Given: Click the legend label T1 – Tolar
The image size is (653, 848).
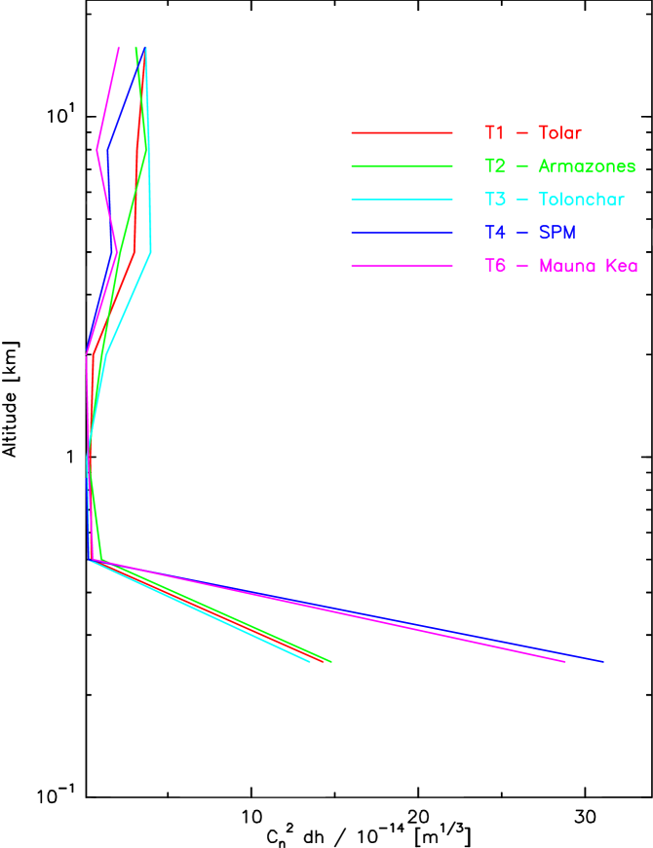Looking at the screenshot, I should pyautogui.click(x=532, y=132).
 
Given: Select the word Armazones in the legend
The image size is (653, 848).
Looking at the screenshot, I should pyautogui.click(x=586, y=166).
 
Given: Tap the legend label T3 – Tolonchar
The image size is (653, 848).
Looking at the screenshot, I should pyautogui.click(x=554, y=200).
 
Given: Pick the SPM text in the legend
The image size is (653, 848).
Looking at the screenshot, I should pyautogui.click(x=557, y=233).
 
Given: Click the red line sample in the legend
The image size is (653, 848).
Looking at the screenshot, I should pyautogui.click(x=402, y=132).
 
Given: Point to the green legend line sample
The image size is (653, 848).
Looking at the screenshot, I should pyautogui.click(x=402, y=166).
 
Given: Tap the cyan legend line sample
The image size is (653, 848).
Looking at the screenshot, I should pyautogui.click(x=402, y=200).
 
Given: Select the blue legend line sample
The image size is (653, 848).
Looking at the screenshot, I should pyautogui.click(x=402, y=233).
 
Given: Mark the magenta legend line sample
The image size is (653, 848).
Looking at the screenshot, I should pyautogui.click(x=402, y=266).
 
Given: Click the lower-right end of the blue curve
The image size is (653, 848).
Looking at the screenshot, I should pyautogui.click(x=602, y=662).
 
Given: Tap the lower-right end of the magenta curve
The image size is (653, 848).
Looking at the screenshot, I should pyautogui.click(x=565, y=662).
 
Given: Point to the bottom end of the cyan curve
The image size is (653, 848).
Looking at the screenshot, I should pyautogui.click(x=310, y=662).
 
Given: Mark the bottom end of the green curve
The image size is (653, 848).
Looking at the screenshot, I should pyautogui.click(x=331, y=662).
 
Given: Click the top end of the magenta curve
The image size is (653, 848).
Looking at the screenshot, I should pyautogui.click(x=119, y=48).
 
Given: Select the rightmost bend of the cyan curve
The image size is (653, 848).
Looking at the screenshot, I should pyautogui.click(x=151, y=252).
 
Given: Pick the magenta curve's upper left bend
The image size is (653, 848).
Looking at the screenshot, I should pyautogui.click(x=97, y=150).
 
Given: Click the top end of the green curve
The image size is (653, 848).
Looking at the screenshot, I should pyautogui.click(x=136, y=48).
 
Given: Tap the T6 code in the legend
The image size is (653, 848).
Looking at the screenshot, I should pyautogui.click(x=495, y=266).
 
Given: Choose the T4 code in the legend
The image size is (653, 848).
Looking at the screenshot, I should pyautogui.click(x=495, y=233).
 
